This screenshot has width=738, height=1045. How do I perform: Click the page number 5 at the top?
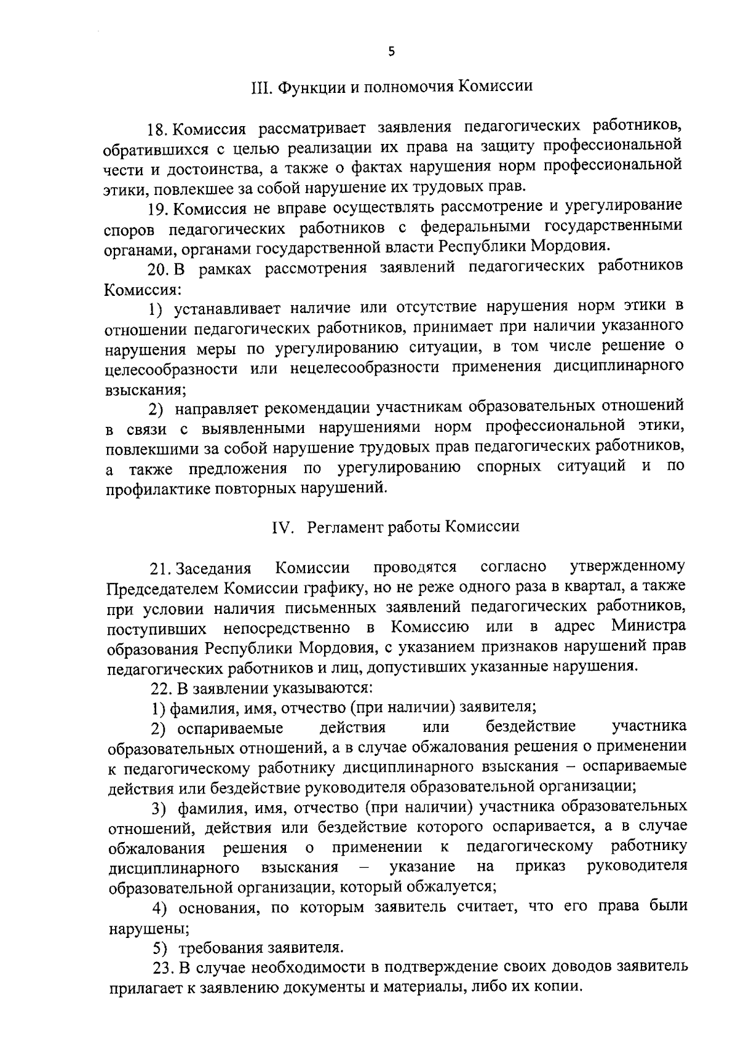click(392, 53)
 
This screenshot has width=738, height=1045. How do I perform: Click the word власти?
click(409, 247)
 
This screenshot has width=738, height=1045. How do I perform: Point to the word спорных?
click(509, 467)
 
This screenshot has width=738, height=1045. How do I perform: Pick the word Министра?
click(648, 627)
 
